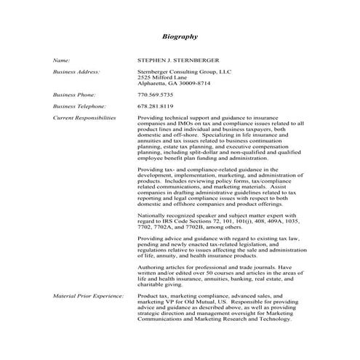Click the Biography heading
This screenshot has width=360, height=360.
179,36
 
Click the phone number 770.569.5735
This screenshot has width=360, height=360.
155,95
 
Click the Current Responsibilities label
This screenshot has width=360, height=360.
84,117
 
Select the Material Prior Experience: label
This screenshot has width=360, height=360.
88,297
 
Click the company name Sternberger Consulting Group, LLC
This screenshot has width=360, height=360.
184,72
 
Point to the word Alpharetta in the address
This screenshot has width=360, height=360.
153,84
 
